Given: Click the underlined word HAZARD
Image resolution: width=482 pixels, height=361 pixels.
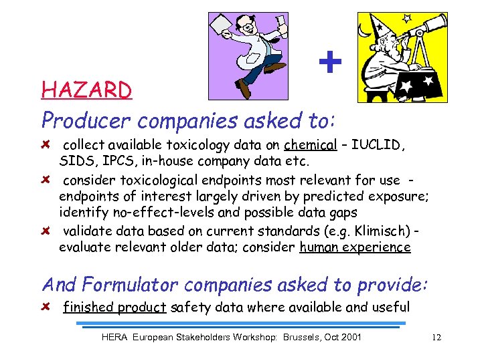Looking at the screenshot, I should [86, 90].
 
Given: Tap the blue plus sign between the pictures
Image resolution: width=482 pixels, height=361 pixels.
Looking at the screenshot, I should [329, 63].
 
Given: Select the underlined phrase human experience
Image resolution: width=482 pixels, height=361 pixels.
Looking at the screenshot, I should [355, 247].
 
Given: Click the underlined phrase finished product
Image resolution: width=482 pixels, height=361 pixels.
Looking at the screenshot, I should [114, 308].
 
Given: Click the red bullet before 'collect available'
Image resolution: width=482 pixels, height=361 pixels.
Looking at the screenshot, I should [46, 145].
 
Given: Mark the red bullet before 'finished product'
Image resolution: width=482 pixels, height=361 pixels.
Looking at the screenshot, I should [46, 308].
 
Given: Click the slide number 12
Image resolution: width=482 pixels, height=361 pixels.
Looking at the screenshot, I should [436, 337].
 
